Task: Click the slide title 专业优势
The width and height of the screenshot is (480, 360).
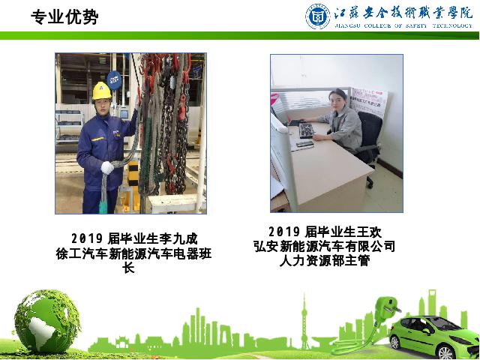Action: tap(64, 16)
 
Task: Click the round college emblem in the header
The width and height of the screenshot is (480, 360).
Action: tap(318, 16)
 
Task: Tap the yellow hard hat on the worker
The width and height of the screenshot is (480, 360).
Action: tap(102, 91)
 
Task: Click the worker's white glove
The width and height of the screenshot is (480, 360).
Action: tap(107, 168)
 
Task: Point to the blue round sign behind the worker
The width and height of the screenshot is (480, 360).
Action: tap(115, 80)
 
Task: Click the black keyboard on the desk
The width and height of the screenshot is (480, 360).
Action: tap(307, 130)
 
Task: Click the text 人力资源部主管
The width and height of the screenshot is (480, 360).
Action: tap(325, 261)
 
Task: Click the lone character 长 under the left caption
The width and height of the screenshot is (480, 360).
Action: tap(128, 268)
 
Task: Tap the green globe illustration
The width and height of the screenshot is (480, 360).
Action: tap(47, 322)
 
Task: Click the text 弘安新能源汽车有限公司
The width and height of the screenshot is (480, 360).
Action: tap(325, 247)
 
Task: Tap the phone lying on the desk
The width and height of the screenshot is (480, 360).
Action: tap(305, 144)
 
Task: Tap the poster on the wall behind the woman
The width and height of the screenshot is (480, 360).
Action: tap(368, 102)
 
